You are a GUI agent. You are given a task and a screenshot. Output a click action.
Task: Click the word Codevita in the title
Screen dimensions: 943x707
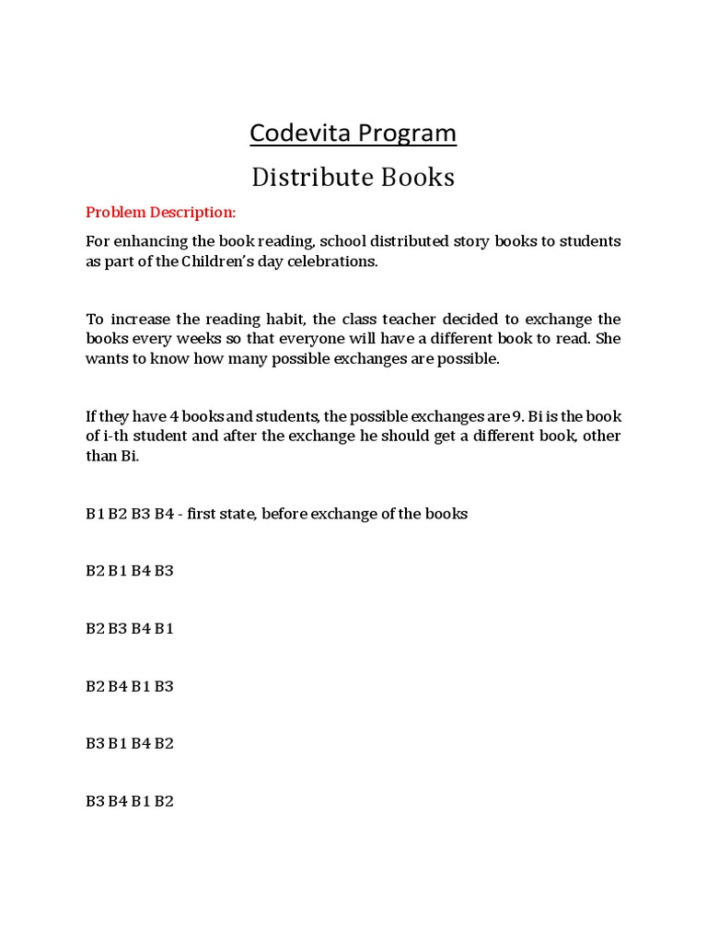(300, 134)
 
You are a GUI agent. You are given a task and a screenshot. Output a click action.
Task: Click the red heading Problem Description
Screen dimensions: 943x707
(161, 213)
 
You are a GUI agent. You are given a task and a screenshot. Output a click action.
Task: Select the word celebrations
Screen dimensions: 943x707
(334, 262)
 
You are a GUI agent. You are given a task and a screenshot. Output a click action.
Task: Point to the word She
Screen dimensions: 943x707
(608, 339)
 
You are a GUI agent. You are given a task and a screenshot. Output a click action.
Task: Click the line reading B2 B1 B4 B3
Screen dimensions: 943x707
(130, 571)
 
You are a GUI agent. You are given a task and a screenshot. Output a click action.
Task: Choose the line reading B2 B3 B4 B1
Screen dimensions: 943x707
(130, 629)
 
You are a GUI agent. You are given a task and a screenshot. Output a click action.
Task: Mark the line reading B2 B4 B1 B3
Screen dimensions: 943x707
(130, 686)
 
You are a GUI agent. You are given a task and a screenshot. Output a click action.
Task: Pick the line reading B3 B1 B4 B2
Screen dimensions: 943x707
(130, 744)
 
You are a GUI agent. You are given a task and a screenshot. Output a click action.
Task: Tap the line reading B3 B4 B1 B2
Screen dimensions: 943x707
(130, 801)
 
